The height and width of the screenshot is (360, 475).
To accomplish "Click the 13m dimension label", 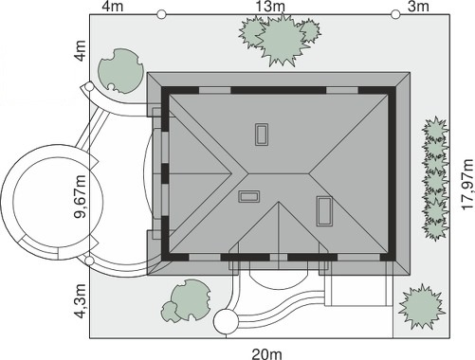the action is pyautogui.click(x=270, y=7).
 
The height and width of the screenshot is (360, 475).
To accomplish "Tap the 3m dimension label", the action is pyautogui.click(x=418, y=7).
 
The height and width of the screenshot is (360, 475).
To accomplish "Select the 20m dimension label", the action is pyautogui.click(x=267, y=354).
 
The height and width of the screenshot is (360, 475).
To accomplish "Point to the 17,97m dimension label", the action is pyautogui.click(x=467, y=184).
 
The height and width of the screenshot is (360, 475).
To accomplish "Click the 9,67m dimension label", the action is pyautogui.click(x=80, y=196).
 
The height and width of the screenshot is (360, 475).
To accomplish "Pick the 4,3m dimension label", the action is pyautogui.click(x=80, y=301).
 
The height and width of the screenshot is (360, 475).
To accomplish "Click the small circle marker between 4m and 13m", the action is pyautogui.click(x=161, y=14).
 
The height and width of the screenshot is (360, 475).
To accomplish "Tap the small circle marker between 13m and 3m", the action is pyautogui.click(x=395, y=14).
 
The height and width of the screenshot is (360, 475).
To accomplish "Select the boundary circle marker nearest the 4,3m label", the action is pyautogui.click(x=90, y=261).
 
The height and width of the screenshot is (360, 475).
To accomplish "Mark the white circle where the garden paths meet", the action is pyautogui.click(x=226, y=322).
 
